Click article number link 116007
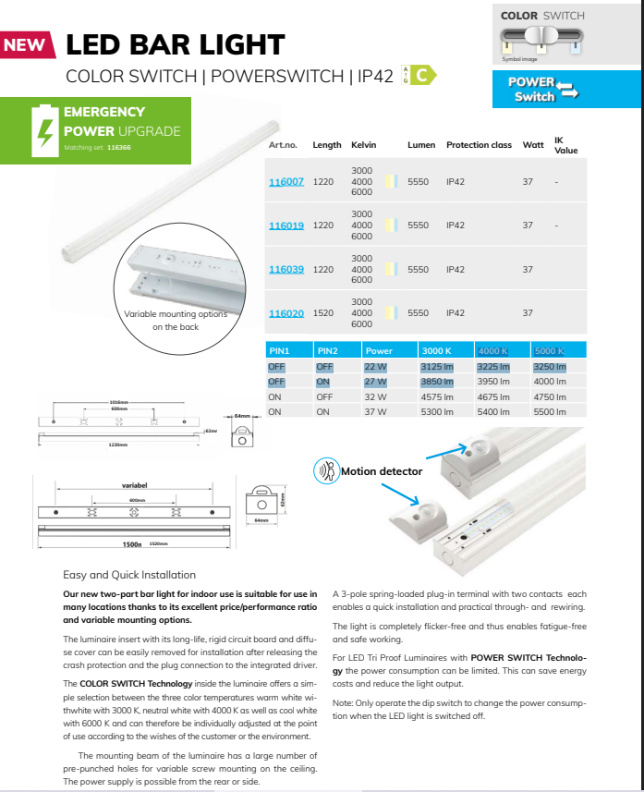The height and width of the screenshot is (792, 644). point(286,182)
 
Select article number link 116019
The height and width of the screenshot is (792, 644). point(286,225)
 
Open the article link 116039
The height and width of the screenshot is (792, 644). point(286,270)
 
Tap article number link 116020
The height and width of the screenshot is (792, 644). point(286,313)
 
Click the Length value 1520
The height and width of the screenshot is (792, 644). point(323,313)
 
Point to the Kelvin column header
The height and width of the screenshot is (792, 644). point(362,145)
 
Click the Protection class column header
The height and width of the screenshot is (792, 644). point(479,145)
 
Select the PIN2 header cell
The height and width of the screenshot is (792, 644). point(328,351)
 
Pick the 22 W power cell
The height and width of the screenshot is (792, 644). point(375,367)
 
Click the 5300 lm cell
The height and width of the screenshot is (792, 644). point(437,412)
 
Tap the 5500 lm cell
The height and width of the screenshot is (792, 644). point(549,412)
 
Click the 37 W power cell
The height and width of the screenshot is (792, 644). point(375,412)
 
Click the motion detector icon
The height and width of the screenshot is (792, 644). point(326,471)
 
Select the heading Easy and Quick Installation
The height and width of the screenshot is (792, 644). point(129,574)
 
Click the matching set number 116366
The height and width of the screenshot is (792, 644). point(119,148)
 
